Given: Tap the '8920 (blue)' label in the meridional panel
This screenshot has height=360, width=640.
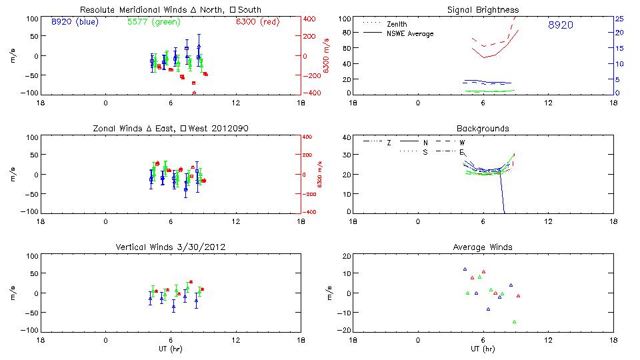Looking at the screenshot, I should pos(74,22).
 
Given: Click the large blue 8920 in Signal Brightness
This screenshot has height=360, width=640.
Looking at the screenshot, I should pos(560,25).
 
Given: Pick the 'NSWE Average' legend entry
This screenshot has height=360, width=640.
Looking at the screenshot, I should pos(409,33).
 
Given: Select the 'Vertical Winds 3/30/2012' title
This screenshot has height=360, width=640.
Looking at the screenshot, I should pos(171,247).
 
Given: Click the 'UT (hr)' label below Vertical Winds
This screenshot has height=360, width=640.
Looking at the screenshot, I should pos(171,349).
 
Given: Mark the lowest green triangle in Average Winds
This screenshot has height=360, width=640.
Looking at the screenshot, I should pos(515,322).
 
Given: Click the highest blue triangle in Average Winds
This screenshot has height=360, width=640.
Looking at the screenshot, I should pos(465,269).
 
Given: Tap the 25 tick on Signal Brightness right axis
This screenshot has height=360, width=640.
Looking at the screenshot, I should pos(619,18).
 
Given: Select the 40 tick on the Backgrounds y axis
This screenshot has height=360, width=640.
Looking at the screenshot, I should pos(347,137).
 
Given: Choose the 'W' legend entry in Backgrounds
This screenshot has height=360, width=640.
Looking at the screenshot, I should pos(461,143).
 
